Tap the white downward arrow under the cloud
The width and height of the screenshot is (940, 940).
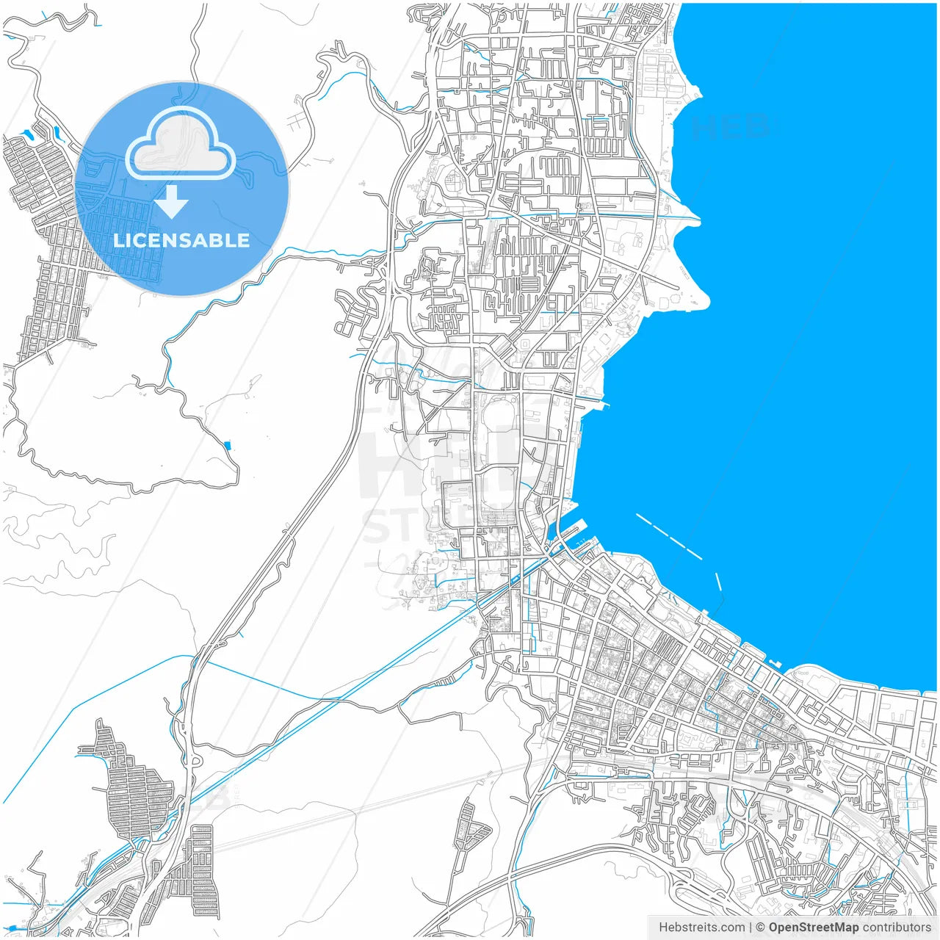[x=172, y=203]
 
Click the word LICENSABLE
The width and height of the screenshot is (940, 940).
[x=181, y=240]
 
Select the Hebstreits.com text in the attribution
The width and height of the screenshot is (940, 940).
[x=701, y=928]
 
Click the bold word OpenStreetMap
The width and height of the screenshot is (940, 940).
[x=813, y=928]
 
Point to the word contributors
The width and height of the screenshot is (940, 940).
[x=897, y=928]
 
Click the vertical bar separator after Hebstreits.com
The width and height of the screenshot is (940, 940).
[x=750, y=928]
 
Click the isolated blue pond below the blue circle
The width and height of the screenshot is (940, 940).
[x=226, y=444]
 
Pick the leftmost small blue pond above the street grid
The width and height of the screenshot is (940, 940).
[x=28, y=134]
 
